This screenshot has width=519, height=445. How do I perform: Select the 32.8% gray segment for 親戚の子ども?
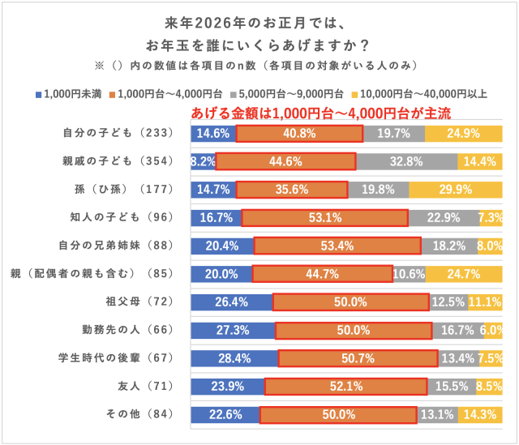[406, 161]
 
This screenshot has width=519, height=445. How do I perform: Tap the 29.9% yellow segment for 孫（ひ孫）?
[455, 190]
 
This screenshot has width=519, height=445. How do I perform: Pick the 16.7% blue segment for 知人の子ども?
[216, 217]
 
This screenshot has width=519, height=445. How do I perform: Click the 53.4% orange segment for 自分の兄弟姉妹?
[337, 246]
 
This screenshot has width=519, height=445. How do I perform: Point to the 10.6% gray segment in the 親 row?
[409, 274]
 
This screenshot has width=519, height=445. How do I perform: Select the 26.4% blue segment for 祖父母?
[231, 302]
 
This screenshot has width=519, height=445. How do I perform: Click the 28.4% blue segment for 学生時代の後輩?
[234, 358]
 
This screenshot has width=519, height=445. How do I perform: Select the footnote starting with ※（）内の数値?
[259, 63]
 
